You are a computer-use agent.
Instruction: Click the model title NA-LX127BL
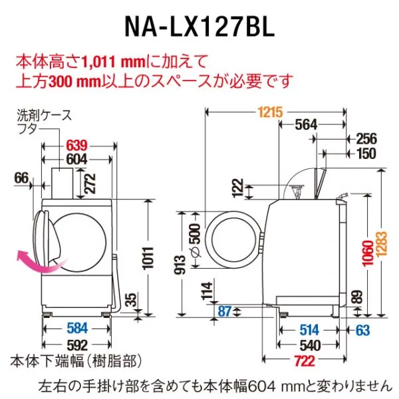199,27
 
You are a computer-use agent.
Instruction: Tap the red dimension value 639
76,146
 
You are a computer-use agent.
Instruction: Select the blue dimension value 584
77,329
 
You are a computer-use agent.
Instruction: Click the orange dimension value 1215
270,112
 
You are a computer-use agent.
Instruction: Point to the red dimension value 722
305,360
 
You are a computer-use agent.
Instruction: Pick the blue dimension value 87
224,311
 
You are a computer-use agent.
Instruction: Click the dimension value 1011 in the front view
148,258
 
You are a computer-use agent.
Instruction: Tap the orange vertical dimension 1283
381,244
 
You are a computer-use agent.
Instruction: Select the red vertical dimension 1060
368,253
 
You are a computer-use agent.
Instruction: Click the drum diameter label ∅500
196,240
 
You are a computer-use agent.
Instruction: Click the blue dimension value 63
362,330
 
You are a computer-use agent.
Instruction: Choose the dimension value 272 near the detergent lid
90,184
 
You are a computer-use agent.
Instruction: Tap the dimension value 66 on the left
21,178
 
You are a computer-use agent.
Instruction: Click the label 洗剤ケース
45,116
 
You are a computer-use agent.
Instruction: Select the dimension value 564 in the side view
306,125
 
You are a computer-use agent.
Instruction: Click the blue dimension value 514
309,330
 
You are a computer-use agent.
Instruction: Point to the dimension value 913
180,265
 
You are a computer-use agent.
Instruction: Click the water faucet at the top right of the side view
342,198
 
